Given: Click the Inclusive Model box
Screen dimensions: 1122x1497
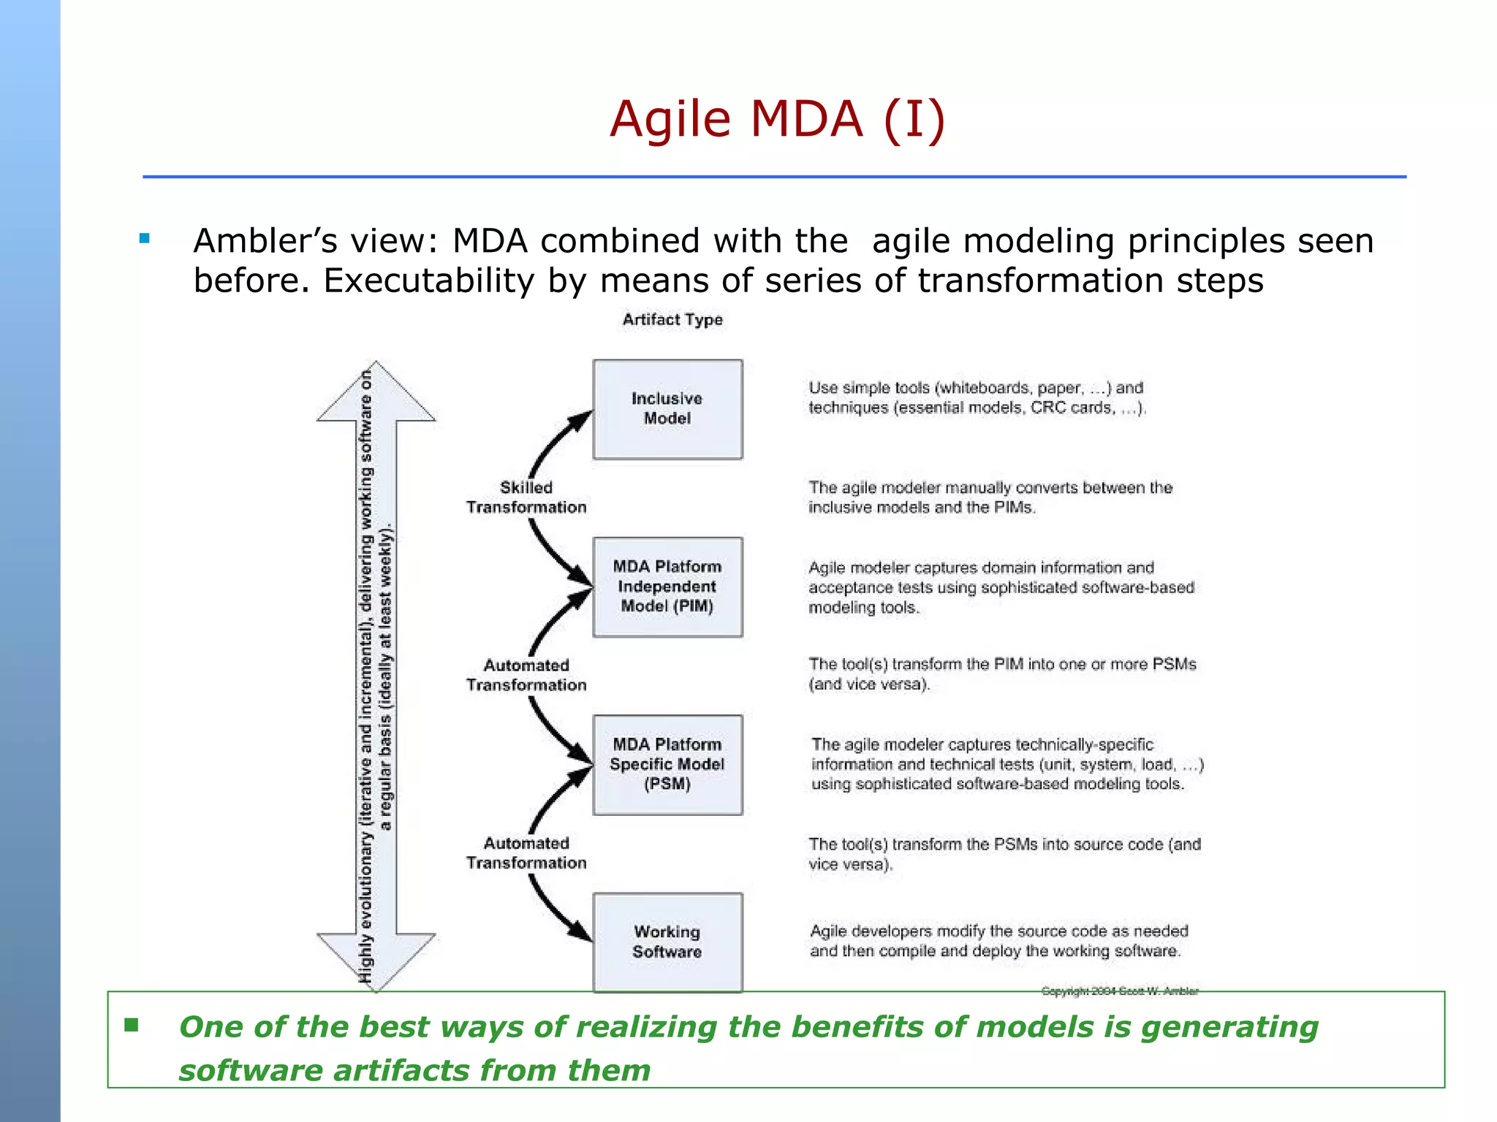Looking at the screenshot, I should point(667,409).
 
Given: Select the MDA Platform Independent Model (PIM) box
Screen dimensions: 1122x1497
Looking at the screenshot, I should point(667,587).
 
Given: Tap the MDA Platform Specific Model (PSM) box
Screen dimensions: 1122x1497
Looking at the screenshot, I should point(667,764).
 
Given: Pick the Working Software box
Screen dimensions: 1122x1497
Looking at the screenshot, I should point(667,942).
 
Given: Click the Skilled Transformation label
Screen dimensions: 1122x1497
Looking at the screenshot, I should point(526,497).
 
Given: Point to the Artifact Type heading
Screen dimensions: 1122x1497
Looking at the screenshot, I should point(672,319).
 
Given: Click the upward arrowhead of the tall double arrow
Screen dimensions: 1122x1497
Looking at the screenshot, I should point(376,391).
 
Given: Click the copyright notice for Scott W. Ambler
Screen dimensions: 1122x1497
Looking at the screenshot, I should point(1119,991).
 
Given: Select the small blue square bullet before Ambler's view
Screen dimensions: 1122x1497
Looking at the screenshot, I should point(144,238).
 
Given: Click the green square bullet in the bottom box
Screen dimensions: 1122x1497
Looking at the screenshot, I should point(132,1025).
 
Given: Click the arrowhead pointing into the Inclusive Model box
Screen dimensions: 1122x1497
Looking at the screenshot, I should point(581,421).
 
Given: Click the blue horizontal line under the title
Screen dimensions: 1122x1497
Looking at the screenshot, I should point(775,177).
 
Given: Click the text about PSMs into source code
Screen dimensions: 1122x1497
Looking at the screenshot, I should point(1004,854).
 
